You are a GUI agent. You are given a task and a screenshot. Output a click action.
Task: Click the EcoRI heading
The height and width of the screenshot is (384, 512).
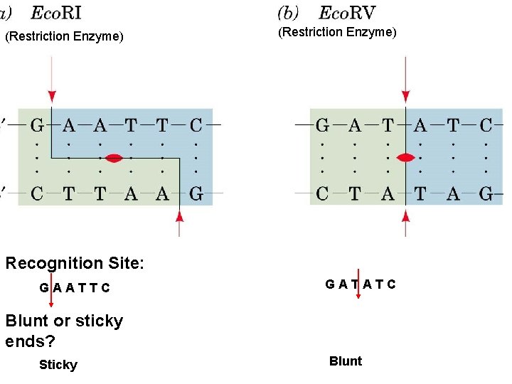pos(56,14)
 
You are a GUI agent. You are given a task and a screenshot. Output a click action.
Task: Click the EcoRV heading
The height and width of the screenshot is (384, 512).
pos(347,13)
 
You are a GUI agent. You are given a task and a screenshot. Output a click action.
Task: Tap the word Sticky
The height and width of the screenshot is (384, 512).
pos(58,365)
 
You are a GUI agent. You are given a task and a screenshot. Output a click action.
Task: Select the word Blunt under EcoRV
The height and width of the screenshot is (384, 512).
pos(346,361)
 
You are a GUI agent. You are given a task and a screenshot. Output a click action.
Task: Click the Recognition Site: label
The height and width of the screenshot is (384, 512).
pos(75,263)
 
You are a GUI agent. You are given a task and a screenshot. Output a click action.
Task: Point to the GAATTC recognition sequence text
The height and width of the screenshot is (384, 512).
pos(75,288)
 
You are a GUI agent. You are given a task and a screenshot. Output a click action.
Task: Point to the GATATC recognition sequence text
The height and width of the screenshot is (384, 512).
pos(361,284)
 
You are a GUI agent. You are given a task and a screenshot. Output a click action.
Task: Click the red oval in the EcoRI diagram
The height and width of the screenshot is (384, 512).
pos(114,157)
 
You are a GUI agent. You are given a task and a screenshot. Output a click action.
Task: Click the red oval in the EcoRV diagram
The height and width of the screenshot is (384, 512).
pos(405,157)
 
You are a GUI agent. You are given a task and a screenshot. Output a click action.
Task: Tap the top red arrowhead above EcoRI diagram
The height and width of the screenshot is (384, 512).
pos(51,96)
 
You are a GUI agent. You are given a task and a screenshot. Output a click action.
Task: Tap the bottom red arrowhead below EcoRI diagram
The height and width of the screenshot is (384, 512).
pos(179,215)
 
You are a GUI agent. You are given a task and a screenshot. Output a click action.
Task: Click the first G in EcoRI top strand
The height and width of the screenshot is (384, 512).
pos(37,127)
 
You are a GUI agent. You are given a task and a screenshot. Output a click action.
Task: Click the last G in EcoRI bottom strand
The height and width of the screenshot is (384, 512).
pos(196,193)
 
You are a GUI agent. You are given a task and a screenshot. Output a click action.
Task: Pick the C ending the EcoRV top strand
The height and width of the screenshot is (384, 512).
pos(486,127)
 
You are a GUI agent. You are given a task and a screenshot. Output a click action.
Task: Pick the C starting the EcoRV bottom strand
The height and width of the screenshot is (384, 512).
pos(322,193)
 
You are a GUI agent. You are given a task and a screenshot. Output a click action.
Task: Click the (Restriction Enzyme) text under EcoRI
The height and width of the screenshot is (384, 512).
pos(64,36)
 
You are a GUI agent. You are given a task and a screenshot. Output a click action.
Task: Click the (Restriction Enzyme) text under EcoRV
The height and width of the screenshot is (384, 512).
pos(337,32)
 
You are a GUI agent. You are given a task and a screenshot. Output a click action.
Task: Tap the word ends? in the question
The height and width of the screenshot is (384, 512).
pos(30,341)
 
